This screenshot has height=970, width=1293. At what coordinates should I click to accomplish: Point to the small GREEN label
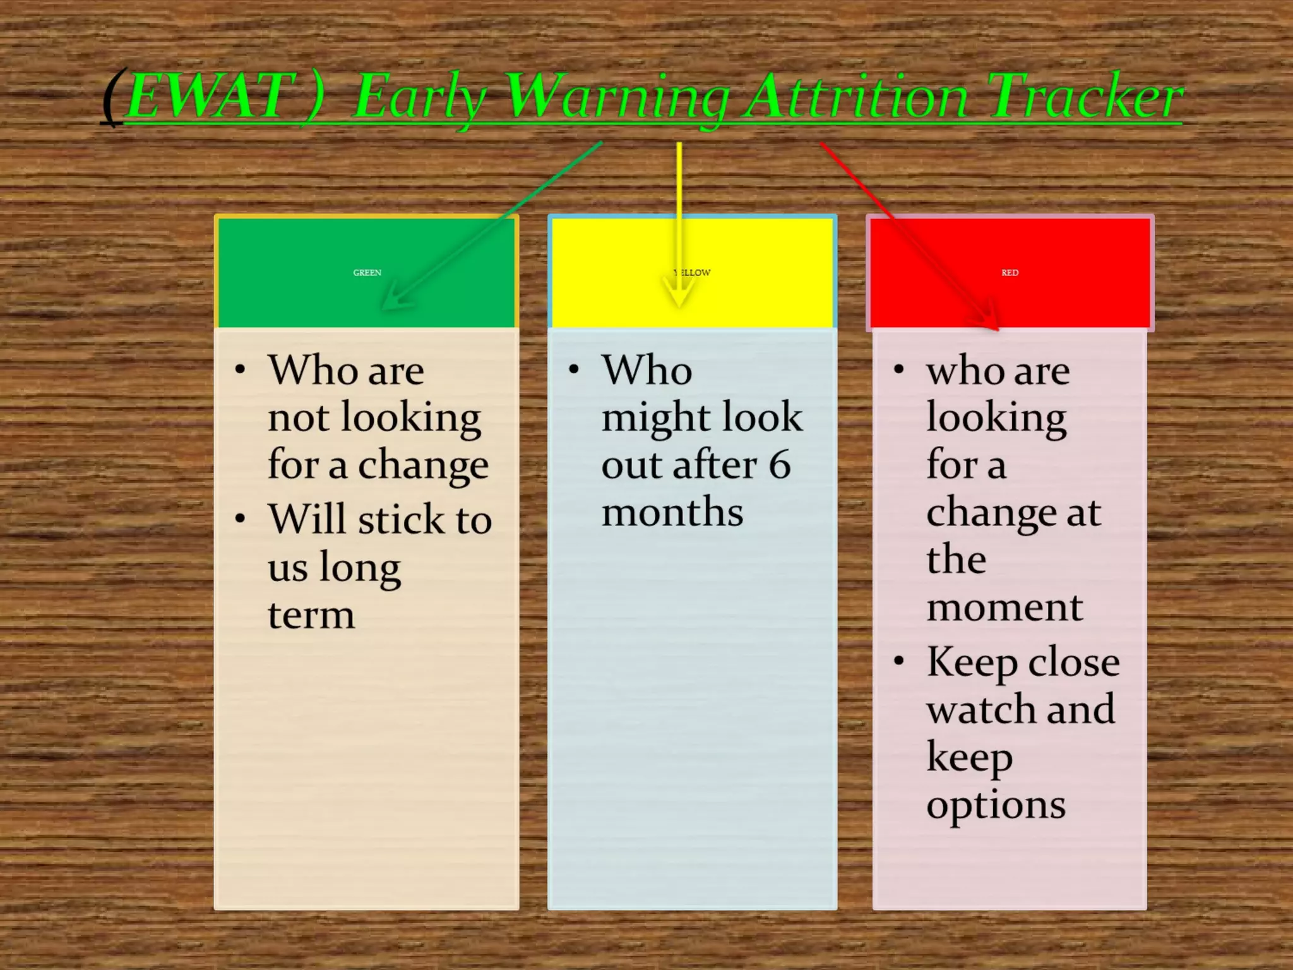point(367,273)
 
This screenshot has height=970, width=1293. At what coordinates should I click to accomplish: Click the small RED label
point(1010,273)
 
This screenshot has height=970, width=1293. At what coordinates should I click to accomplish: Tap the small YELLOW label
point(693,273)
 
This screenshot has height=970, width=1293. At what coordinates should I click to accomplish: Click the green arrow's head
point(395,301)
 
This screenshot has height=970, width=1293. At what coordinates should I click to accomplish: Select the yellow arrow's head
point(679,297)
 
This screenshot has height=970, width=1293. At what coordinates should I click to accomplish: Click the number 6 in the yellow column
point(779,465)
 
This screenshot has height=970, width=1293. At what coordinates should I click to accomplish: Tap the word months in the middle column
point(672,512)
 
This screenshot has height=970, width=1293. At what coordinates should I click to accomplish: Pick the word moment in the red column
point(1004,608)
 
